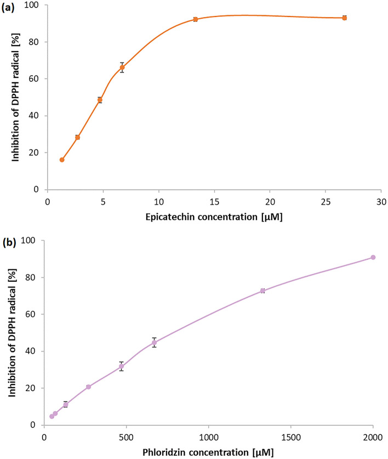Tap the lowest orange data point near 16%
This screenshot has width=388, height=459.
coord(62,160)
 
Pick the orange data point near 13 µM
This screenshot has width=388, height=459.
coord(195,19)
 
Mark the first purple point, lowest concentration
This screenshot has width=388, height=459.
coord(52,416)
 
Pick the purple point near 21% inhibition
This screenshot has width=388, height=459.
coord(88,387)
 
